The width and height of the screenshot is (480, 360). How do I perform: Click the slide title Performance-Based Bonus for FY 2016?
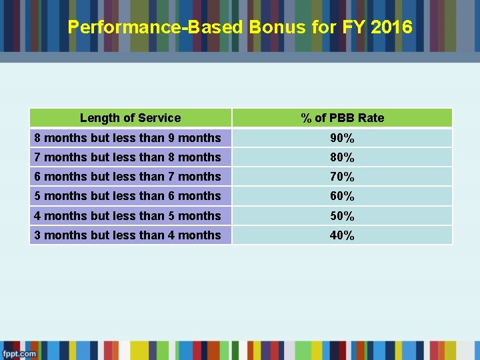point(240,27)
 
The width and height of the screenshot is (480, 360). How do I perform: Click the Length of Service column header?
point(130,118)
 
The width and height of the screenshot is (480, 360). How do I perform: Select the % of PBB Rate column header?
point(342,118)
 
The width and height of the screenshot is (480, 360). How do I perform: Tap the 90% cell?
point(342,138)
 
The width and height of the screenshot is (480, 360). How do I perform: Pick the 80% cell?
point(342,157)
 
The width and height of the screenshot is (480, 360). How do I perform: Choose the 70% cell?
point(342,177)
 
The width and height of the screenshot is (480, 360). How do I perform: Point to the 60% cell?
point(342,196)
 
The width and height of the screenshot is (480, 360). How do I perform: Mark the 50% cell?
point(342,216)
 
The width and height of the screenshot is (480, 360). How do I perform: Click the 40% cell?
point(342,235)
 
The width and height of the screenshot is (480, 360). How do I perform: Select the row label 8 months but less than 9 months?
point(127,138)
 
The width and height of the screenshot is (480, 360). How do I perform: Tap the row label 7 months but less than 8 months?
point(127,157)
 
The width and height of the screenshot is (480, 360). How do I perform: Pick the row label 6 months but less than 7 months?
point(127,177)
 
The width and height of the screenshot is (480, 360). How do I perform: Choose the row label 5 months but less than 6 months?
point(127,196)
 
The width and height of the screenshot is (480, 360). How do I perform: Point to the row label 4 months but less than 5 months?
point(127,216)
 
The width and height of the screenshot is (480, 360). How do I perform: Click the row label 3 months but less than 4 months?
point(127,235)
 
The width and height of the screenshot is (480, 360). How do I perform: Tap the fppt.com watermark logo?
point(19,353)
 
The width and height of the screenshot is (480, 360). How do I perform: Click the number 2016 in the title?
point(392,27)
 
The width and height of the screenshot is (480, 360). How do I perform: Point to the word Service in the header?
point(160,118)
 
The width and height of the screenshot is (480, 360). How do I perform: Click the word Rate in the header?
point(371,118)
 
